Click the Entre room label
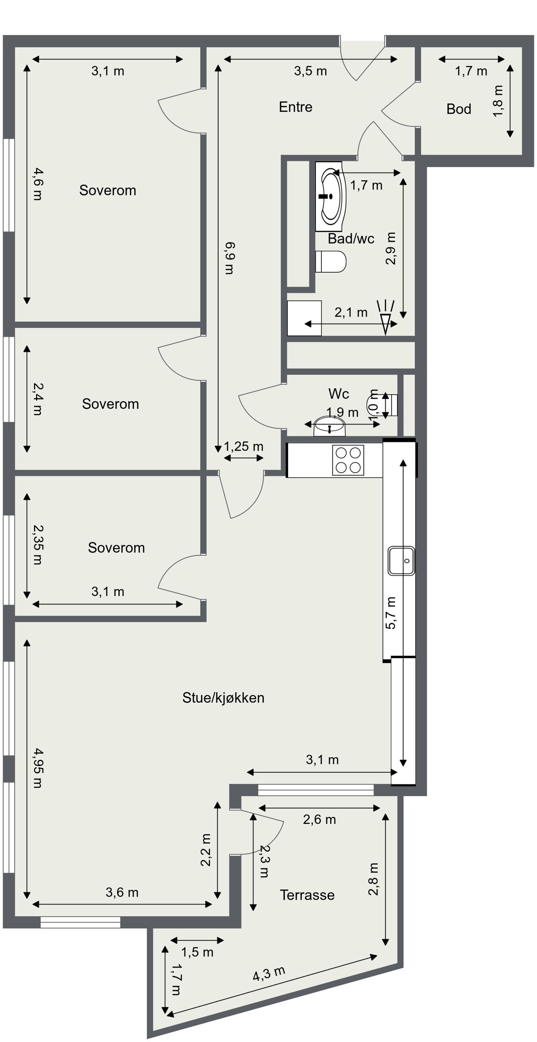click(295, 107)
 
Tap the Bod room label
click(459, 109)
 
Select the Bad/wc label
click(351, 239)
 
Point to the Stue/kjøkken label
click(223, 698)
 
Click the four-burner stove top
click(348, 460)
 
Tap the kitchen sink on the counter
click(401, 561)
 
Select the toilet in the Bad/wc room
click(331, 262)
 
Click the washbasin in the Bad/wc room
click(331, 197)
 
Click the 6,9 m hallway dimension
click(228, 258)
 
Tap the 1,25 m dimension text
click(243, 446)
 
